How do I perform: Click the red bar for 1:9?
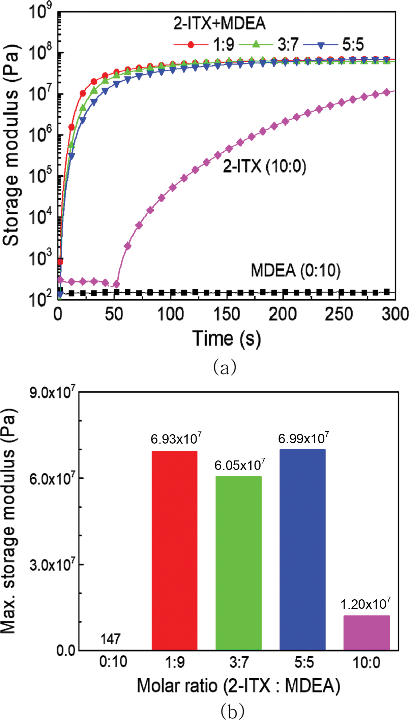click(x=174, y=550)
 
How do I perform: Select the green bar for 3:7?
click(x=238, y=563)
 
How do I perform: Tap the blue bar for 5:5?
click(x=302, y=549)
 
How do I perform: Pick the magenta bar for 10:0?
click(x=367, y=632)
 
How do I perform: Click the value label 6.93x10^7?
click(x=176, y=439)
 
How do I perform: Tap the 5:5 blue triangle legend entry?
click(x=334, y=44)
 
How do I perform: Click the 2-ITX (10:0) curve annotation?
click(x=264, y=166)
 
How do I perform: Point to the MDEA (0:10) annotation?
click(x=296, y=270)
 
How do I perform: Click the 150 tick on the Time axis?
click(x=227, y=314)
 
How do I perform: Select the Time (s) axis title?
click(x=227, y=338)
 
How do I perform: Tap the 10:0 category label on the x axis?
click(x=367, y=663)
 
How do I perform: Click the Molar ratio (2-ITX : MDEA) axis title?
click(x=238, y=686)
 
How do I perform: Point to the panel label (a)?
click(x=225, y=367)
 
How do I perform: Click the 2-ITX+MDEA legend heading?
click(x=220, y=23)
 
